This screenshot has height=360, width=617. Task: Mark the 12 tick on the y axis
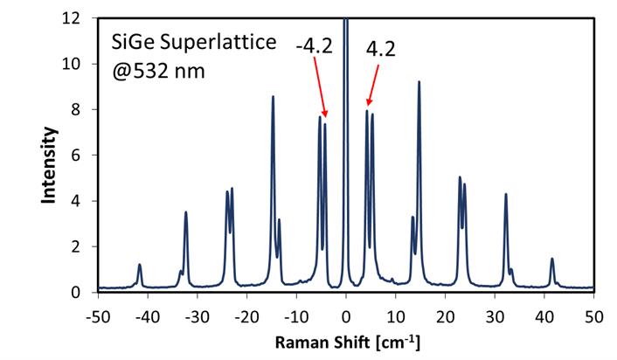click(82, 17)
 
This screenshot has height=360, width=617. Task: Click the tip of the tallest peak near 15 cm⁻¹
click(419, 82)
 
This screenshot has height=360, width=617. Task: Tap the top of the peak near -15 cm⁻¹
click(273, 97)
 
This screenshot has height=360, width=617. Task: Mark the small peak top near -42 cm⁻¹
click(139, 265)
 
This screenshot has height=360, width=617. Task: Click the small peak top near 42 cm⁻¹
click(552, 259)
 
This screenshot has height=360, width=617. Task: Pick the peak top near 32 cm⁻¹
click(506, 195)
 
